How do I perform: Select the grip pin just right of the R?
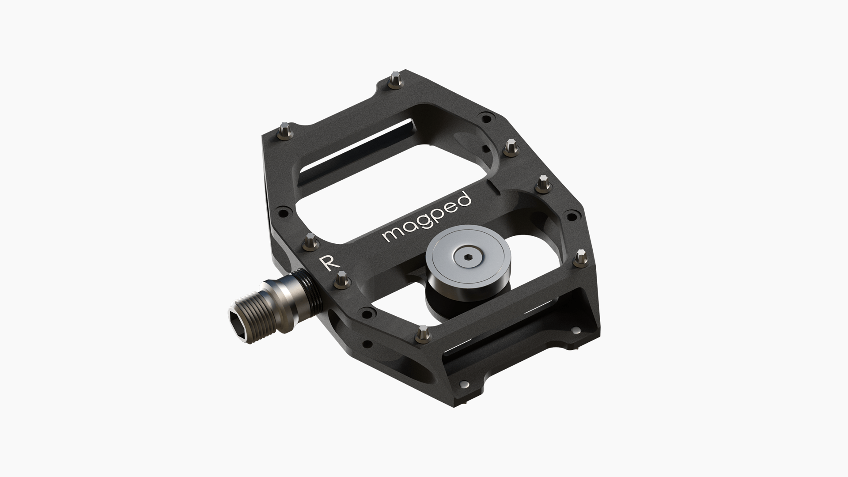[x=341, y=279]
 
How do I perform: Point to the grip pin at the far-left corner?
[x=284, y=131]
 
